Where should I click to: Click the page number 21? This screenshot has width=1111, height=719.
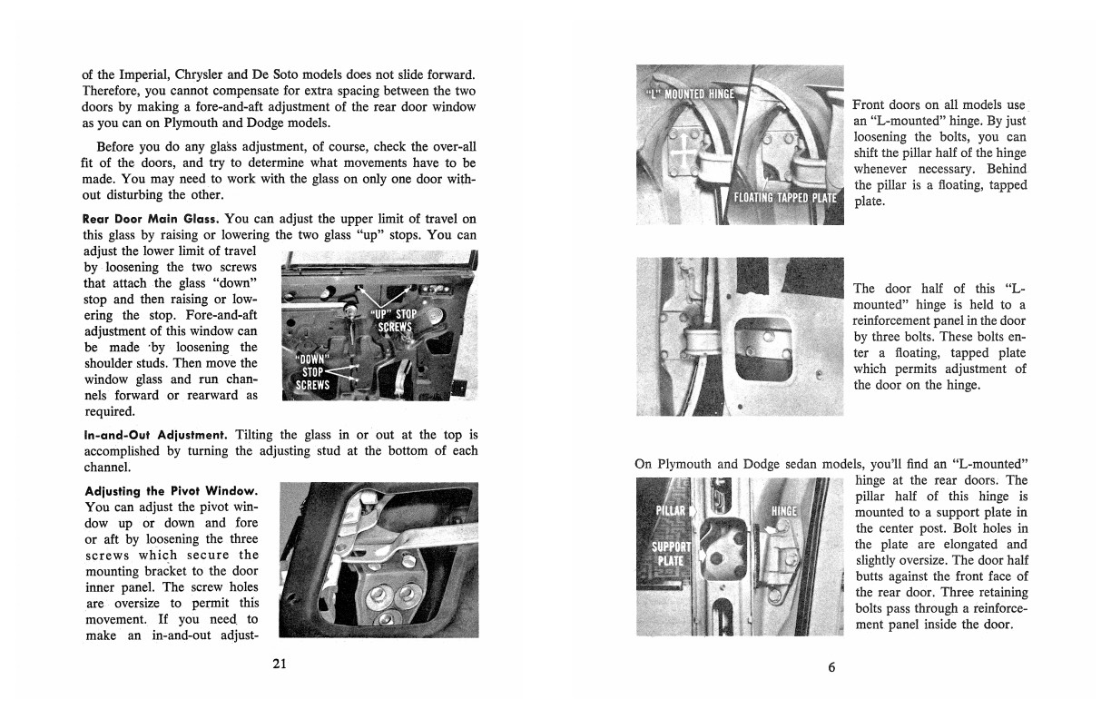tap(280, 664)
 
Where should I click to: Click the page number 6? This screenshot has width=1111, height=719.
tap(831, 667)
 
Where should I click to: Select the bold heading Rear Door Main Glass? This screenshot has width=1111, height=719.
tap(151, 219)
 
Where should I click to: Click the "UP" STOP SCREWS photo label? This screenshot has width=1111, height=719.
tap(393, 320)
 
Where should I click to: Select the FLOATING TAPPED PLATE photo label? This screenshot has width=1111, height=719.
tap(786, 199)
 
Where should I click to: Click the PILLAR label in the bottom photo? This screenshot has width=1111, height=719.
tap(672, 510)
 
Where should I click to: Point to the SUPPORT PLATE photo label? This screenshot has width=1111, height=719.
tap(672, 554)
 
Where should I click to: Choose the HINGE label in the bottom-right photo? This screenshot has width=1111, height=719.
tap(783, 510)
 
